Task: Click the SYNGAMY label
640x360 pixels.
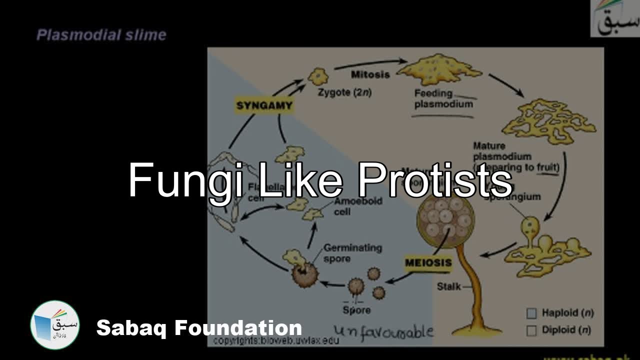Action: [x=264, y=106]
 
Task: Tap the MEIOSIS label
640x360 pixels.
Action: [x=428, y=262]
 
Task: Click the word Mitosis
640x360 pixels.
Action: [x=370, y=74]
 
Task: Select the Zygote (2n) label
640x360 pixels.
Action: [x=344, y=92]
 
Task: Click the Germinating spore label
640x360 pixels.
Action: [x=352, y=253]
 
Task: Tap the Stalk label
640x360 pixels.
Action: [x=448, y=287]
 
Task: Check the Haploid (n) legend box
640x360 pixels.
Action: [x=531, y=313]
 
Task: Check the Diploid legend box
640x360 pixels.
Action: [x=531, y=330]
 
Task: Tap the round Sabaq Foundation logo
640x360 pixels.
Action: [x=55, y=325]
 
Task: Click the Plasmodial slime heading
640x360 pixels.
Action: [x=101, y=35]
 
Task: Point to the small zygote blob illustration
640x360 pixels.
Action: [x=316, y=76]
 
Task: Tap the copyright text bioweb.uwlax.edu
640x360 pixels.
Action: [x=276, y=340]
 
